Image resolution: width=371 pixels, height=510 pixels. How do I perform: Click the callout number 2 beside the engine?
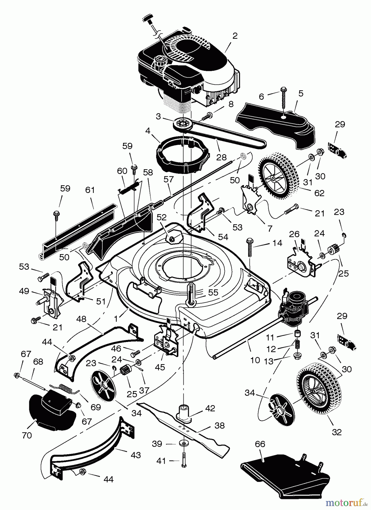tap(235, 36)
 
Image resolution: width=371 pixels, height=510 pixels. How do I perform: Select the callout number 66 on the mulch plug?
tap(260, 444)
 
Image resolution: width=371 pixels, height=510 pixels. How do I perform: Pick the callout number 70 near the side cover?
tap(27, 435)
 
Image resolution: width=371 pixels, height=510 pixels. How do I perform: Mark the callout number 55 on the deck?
tap(213, 292)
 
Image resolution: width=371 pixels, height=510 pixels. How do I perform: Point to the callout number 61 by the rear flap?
tap(90, 190)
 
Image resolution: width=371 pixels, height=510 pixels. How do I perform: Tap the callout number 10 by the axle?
tap(255, 360)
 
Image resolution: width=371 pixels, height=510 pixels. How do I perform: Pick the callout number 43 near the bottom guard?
tap(136, 455)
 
